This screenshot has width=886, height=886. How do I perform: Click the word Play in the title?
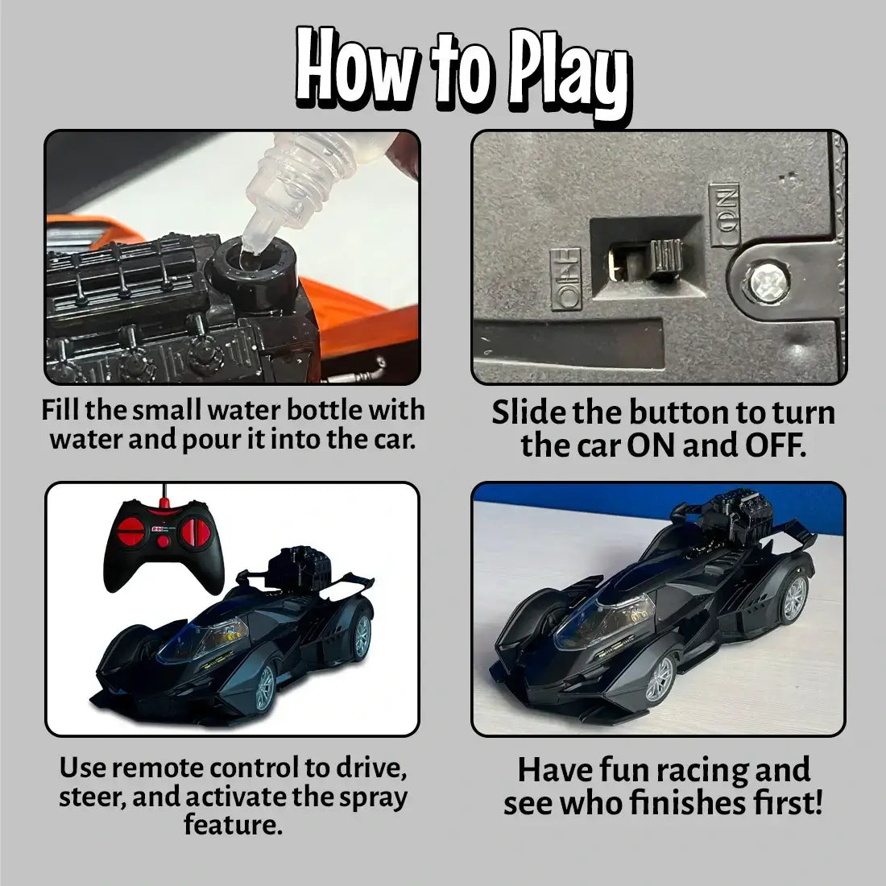[567, 73]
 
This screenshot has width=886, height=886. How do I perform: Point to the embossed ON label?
[724, 215]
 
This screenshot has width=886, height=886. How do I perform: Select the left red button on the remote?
[130, 532]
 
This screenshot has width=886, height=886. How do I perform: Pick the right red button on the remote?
[196, 532]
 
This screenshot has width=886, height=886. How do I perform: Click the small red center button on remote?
[164, 541]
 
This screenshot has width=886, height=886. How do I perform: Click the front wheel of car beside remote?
[264, 687]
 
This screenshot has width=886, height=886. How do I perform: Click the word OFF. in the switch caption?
[773, 446]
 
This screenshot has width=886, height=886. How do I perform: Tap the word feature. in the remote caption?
[233, 825]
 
